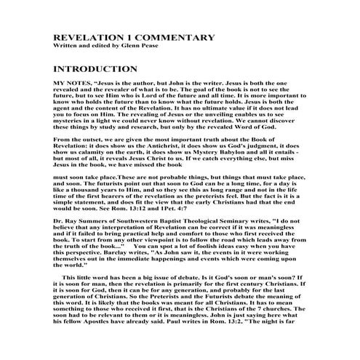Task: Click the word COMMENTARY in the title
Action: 161,39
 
